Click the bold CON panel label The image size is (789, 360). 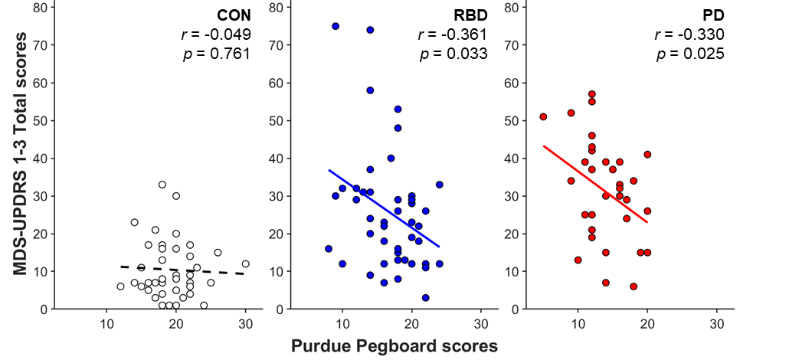tap(234, 15)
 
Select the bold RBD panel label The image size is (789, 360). tap(470, 15)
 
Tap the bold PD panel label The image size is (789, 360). tap(713, 15)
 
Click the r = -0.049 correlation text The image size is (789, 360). tap(216, 34)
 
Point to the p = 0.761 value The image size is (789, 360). tap(217, 53)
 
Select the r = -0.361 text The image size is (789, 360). tap(453, 34)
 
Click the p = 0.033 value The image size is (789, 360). tap(454, 53)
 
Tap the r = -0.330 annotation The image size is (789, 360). tap(690, 34)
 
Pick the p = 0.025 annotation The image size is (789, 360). tap(691, 53)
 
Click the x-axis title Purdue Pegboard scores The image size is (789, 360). tap(394, 346)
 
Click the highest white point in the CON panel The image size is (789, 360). tap(162, 185)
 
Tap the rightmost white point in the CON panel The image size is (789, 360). tap(246, 263)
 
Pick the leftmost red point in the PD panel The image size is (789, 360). tap(543, 117)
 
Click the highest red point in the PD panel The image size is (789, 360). tap(591, 94)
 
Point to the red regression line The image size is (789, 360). tap(595, 184)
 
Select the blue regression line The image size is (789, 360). tap(384, 208)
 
